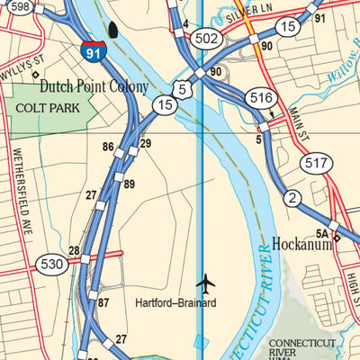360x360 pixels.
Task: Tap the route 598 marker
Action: pos(19,6)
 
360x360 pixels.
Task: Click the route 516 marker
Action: pos(261,97)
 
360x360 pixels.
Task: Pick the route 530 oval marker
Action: pos(51,265)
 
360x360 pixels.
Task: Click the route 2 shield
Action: pos(292,198)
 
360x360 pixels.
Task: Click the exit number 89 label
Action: pos(130,184)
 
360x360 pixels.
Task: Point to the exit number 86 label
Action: pos(108,147)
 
